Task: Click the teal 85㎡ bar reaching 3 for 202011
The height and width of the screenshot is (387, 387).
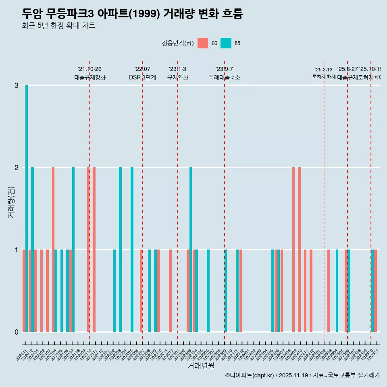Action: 27,208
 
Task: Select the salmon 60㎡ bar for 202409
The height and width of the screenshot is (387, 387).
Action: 293,250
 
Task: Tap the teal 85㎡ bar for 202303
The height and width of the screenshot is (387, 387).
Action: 191,250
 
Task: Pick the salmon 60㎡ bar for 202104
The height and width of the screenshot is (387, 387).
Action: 53,250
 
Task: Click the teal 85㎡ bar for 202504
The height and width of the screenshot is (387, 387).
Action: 337,291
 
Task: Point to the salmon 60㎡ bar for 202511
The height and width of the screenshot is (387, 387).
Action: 376,291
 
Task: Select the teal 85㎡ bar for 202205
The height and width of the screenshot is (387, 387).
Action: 132,250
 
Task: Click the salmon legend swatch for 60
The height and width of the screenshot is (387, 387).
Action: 203,43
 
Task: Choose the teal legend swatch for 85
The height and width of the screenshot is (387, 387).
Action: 226,43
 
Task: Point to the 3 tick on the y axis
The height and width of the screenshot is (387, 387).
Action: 17,85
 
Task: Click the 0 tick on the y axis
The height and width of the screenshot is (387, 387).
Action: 17,332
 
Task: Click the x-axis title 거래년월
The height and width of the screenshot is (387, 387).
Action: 201,366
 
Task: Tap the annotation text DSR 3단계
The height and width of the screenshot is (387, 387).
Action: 142,77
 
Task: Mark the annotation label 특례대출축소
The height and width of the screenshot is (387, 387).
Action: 224,77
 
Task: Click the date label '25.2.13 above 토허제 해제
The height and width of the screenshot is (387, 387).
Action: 324,70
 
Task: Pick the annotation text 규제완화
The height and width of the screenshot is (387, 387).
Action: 177,77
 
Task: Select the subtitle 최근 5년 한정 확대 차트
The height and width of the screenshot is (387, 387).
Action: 58,26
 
